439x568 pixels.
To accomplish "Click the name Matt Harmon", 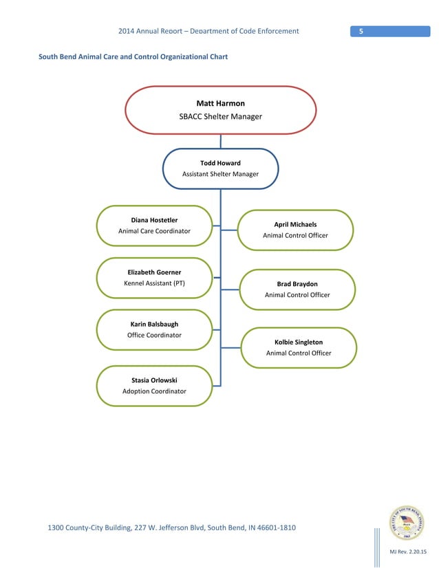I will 220,103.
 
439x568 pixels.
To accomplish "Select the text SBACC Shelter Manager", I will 220,117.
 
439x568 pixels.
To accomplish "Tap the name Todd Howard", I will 220,163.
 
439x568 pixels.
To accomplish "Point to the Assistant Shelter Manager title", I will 220,174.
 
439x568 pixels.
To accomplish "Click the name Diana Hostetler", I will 154,220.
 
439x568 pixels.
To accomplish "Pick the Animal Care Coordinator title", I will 154,231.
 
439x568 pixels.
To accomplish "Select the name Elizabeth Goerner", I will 154,272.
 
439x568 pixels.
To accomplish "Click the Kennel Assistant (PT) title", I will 154,283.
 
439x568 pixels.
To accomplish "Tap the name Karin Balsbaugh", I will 154,324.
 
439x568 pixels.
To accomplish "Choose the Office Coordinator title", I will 154,335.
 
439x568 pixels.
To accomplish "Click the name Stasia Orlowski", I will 154,380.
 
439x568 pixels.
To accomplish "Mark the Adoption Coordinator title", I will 154,391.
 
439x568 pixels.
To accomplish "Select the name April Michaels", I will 295,224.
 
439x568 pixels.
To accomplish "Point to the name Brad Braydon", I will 297,283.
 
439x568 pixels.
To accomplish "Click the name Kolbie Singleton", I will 299,342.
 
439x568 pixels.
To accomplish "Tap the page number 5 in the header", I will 361,31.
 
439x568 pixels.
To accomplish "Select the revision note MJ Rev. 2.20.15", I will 408,552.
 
